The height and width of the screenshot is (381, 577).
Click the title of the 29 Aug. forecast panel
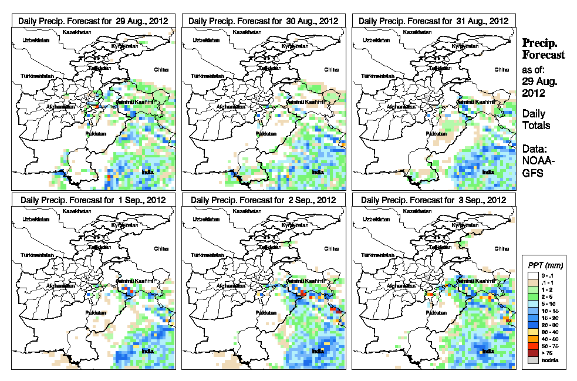pyautogui.click(x=93, y=21)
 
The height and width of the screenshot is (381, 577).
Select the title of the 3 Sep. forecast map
pyautogui.click(x=434, y=200)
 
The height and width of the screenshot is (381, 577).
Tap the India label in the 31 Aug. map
pyautogui.click(x=487, y=172)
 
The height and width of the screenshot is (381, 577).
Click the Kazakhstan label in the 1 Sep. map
pyautogui.click(x=77, y=211)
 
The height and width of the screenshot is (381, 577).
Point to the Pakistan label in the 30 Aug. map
pyautogui.click(x=265, y=134)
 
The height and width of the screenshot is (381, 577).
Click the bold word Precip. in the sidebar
pyautogui.click(x=539, y=43)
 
